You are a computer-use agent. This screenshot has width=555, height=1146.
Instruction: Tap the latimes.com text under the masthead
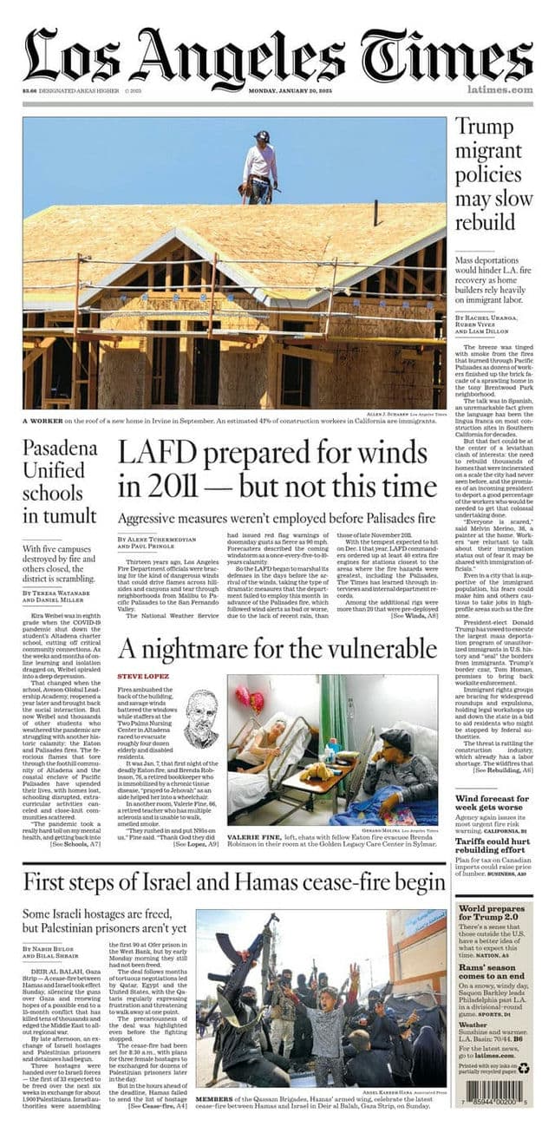(499, 89)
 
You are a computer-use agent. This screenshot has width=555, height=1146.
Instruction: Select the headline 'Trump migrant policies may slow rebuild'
(492, 174)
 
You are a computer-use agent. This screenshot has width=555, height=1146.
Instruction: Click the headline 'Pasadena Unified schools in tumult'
(59, 482)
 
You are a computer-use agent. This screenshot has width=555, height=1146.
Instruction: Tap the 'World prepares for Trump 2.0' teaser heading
(491, 914)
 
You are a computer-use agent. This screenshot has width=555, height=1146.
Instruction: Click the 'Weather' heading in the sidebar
(473, 1024)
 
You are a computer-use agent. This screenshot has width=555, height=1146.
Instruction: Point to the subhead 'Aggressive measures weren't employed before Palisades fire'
(276, 518)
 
